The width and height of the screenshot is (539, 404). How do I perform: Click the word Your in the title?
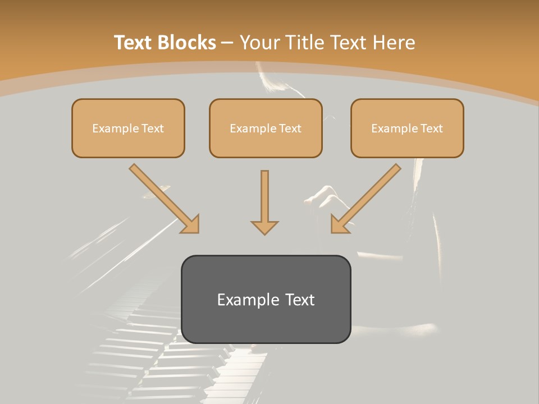pyautogui.click(x=261, y=43)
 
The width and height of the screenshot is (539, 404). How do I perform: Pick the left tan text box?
pyautogui.click(x=128, y=128)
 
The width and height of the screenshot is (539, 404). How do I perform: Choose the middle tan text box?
pyautogui.click(x=266, y=128)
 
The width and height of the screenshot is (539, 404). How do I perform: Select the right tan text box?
pyautogui.click(x=407, y=128)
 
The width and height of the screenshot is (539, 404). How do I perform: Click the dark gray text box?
pyautogui.click(x=266, y=299)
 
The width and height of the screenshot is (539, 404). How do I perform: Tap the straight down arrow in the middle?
pyautogui.click(x=264, y=202)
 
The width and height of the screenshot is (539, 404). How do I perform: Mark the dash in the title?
pyautogui.click(x=227, y=43)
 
